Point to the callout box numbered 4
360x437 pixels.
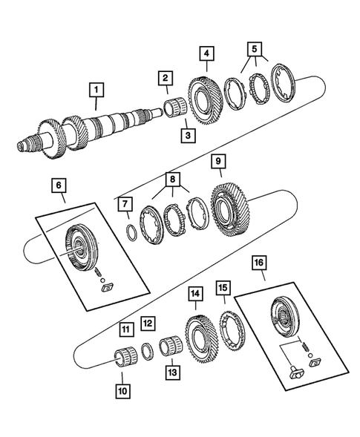coord(206,53)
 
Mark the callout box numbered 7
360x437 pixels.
coord(125,204)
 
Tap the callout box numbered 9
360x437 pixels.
coord(217,161)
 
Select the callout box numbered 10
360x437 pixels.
coord(121,389)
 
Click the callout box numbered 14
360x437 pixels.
coord(195,294)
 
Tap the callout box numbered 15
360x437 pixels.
coord(222,286)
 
